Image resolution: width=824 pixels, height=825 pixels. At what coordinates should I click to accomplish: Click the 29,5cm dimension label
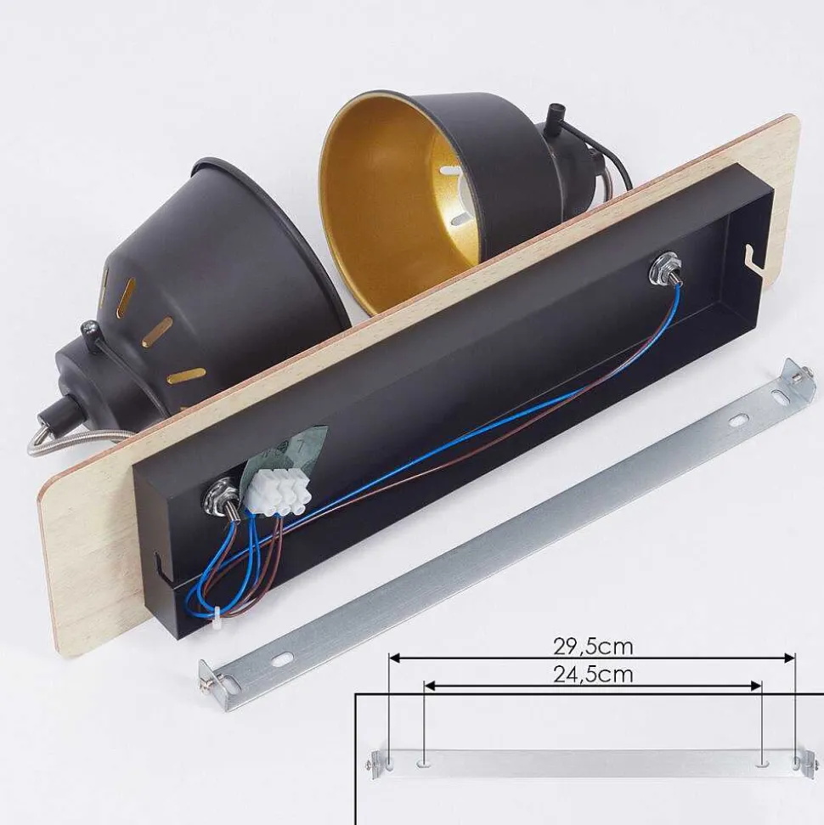pos(593,647)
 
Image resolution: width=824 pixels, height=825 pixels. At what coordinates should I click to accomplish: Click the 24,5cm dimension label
pos(593,674)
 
